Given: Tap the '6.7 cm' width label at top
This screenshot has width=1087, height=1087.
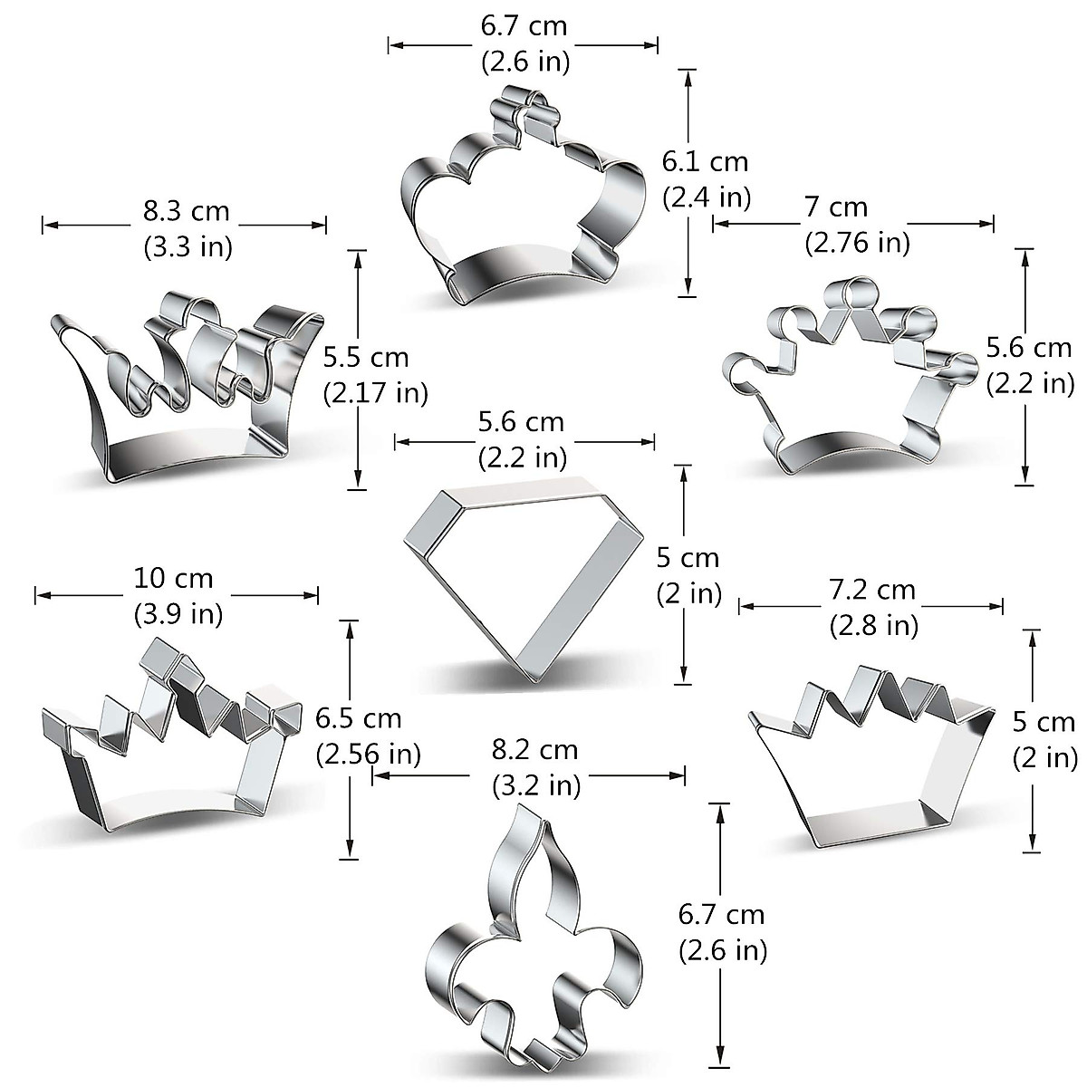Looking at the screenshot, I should click(524, 26).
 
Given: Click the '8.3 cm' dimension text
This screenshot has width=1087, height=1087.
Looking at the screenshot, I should click(187, 212).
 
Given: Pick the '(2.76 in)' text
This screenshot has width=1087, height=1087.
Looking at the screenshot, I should click(857, 243).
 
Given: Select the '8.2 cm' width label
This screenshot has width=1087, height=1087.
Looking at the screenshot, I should click(534, 750).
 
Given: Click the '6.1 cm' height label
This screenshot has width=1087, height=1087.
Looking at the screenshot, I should click(706, 162).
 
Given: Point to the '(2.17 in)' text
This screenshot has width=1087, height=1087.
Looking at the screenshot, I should click(375, 393).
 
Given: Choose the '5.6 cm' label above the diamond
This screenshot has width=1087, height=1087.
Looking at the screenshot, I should click(521, 422).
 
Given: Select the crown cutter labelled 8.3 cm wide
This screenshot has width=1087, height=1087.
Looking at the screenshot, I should click(186, 390).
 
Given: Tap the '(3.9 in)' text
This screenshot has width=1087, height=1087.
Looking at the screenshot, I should click(178, 614).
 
